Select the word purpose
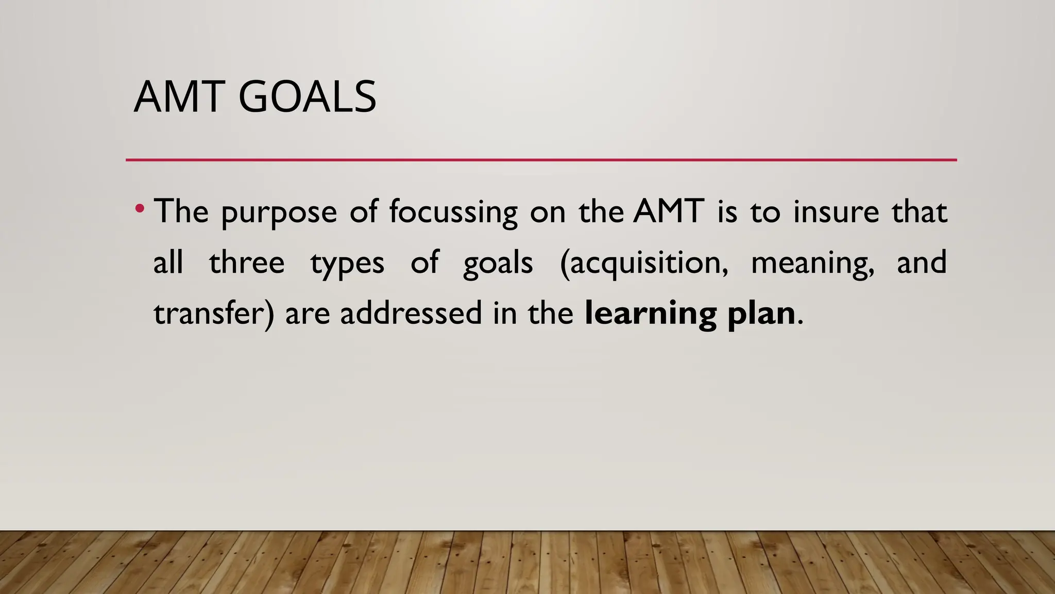coord(279,212)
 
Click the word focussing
coord(453,212)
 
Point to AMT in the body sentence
coord(669,211)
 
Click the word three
coord(247,262)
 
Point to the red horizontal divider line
coord(541,160)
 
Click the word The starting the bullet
coord(181,211)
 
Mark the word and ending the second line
coord(921,262)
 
